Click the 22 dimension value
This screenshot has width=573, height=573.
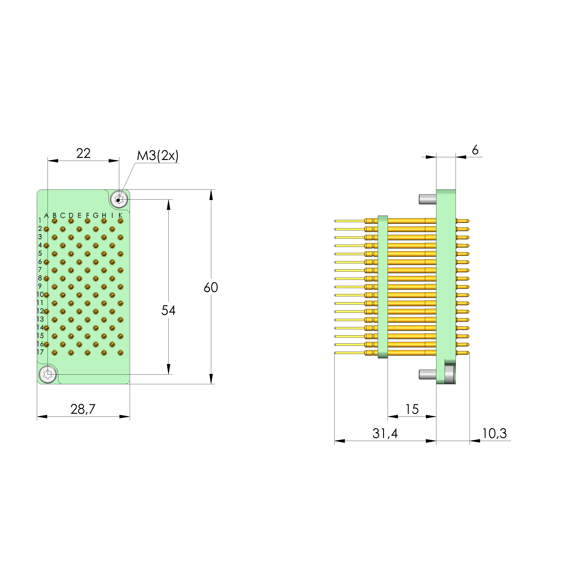83,153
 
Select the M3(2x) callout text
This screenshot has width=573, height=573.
157,155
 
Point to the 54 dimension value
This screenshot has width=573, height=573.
168,311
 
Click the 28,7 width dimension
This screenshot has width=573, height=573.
83,409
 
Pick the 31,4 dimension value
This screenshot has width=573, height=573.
385,434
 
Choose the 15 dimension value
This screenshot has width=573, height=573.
412,409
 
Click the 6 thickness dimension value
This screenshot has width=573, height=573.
475,150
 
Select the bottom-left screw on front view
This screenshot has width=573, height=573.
48,374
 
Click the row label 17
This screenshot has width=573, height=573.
40,352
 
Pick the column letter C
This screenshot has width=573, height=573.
62,216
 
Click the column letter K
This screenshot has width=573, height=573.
120,215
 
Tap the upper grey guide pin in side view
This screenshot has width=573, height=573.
427,199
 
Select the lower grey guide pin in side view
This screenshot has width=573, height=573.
427,374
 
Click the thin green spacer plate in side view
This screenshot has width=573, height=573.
383,287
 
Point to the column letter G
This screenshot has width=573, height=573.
95,215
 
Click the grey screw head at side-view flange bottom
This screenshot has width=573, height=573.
449,374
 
